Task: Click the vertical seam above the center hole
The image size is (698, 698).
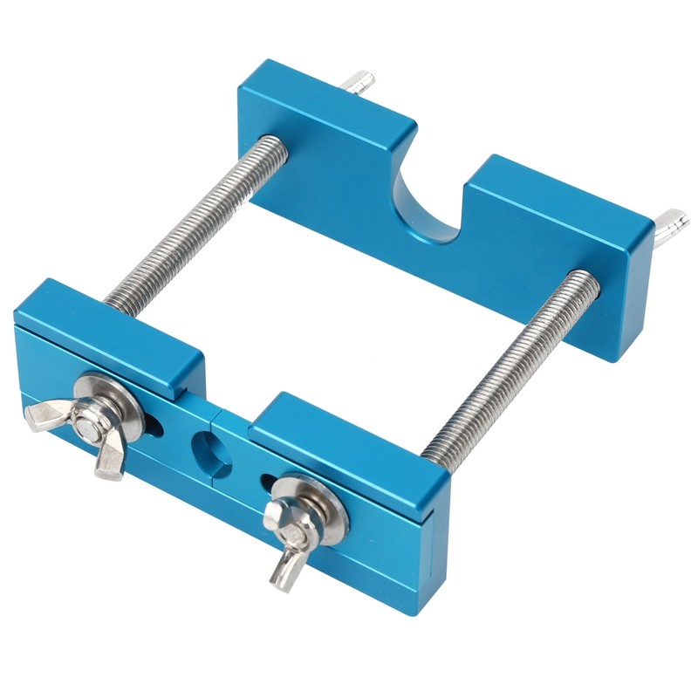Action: pos(213,409)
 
